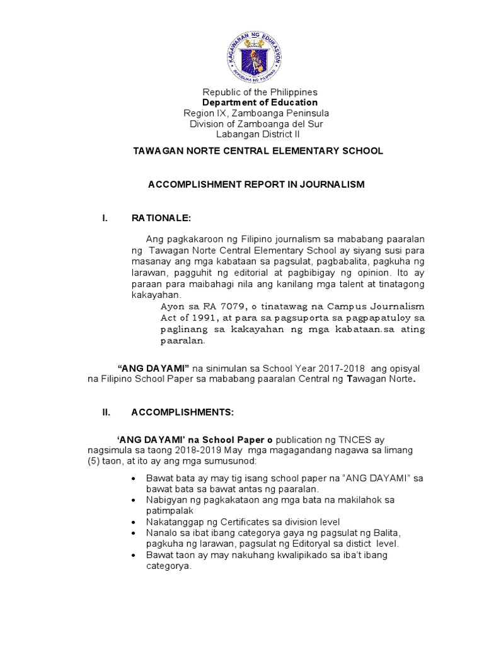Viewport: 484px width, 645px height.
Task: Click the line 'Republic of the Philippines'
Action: pyautogui.click(x=259, y=92)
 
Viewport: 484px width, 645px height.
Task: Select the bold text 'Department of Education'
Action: pyautogui.click(x=260, y=103)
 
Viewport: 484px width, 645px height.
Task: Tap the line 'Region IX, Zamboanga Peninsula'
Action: pyautogui.click(x=256, y=113)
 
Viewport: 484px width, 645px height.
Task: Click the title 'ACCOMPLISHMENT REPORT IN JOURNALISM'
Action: pyautogui.click(x=256, y=184)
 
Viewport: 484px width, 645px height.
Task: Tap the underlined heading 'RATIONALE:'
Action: pyautogui.click(x=160, y=218)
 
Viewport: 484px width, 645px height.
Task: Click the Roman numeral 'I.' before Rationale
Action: pyautogui.click(x=105, y=218)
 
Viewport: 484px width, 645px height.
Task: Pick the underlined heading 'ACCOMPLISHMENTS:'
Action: pyautogui.click(x=182, y=413)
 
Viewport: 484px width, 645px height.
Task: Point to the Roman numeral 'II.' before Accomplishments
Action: pyautogui.click(x=107, y=413)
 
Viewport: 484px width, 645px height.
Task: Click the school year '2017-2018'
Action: pyautogui.click(x=354, y=367)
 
